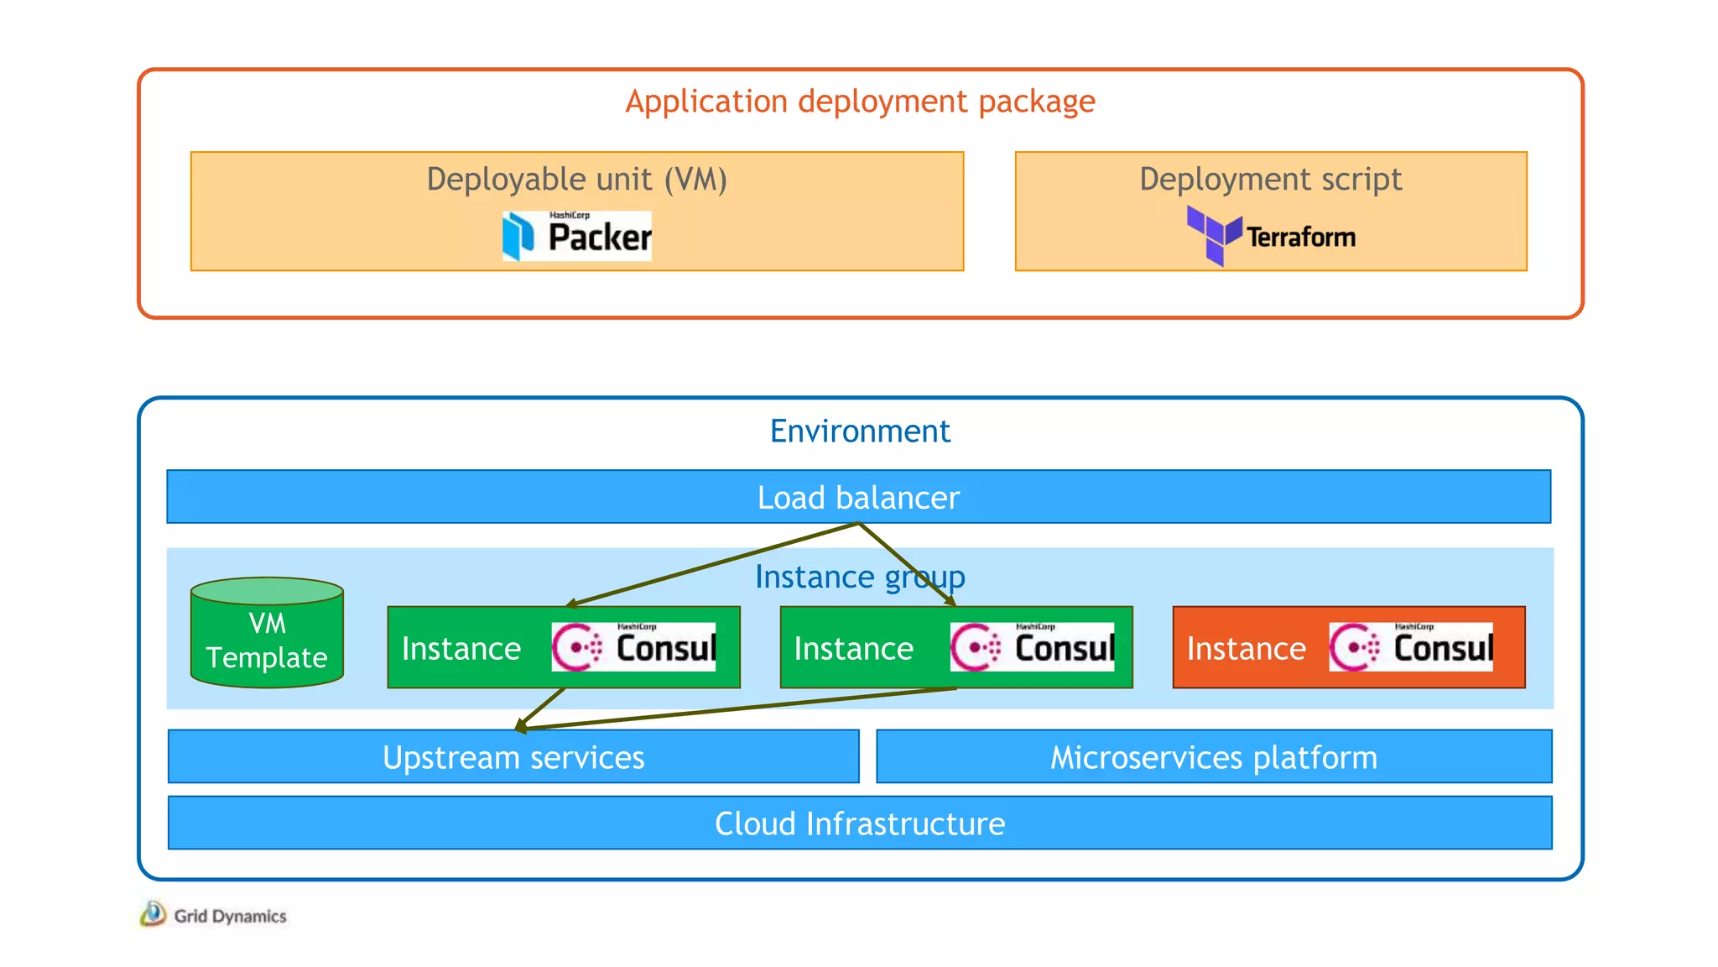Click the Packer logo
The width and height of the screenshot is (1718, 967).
(577, 236)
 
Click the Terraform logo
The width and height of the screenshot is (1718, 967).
(1271, 236)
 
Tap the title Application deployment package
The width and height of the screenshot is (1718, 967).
(860, 102)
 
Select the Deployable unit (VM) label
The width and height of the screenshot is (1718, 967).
(577, 180)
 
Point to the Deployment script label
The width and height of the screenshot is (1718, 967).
(1270, 180)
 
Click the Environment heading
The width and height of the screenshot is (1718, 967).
(860, 431)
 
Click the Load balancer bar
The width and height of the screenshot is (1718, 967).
(858, 498)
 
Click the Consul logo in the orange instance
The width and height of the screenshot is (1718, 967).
(1411, 647)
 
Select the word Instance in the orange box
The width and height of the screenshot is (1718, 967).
(1246, 649)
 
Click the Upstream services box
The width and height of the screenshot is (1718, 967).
(513, 757)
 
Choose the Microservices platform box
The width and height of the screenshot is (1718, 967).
(1214, 757)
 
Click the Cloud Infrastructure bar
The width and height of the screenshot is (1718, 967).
(860, 823)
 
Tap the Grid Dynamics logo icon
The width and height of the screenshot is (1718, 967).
(153, 913)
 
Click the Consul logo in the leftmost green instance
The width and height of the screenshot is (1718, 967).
(633, 647)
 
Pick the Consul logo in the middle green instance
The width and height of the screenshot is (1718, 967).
(1032, 647)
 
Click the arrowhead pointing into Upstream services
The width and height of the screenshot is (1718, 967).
(521, 726)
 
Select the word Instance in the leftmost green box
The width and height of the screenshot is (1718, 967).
(461, 649)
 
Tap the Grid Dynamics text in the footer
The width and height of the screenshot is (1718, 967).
(230, 916)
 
